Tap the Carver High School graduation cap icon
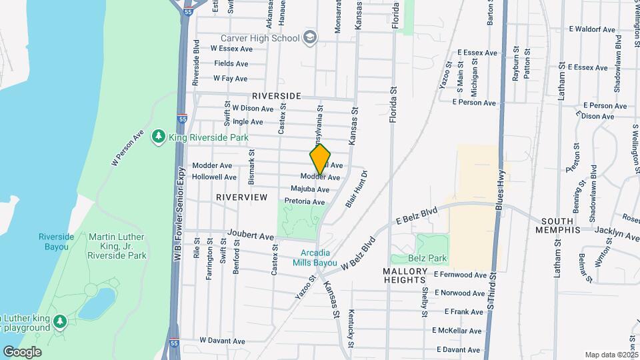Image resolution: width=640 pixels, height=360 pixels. tap(310, 37)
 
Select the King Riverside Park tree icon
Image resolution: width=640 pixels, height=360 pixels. tap(159, 137)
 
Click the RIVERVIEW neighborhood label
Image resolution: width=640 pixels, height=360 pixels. tap(241, 197)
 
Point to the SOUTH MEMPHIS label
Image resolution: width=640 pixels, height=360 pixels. tap(561, 225)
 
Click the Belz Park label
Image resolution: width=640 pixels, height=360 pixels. tap(432, 259)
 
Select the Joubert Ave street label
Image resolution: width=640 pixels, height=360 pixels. tap(251, 236)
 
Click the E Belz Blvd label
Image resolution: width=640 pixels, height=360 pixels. tap(417, 215)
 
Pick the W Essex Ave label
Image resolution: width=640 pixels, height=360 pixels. tap(231, 49)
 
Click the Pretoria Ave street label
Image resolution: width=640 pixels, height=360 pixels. tap(304, 201)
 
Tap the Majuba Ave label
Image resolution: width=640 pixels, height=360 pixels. tap(309, 189)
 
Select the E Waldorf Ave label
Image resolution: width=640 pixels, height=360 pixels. tap(592, 29)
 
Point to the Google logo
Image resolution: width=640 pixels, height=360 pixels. tap(21, 351)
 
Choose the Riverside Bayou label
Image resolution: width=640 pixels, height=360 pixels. tap(56, 241)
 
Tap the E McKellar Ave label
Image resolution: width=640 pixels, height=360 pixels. tap(457, 331)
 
